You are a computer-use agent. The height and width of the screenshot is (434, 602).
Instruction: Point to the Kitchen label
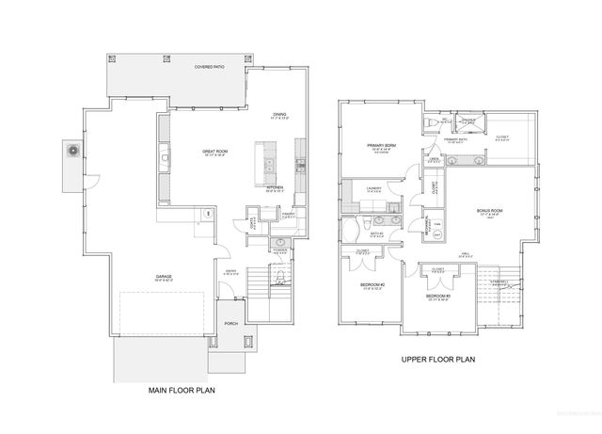click(275, 187)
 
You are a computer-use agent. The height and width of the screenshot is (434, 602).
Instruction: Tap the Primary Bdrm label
click(384, 145)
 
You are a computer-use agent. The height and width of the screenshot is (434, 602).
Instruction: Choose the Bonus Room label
click(490, 209)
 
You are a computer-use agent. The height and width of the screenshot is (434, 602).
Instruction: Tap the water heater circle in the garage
click(207, 214)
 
